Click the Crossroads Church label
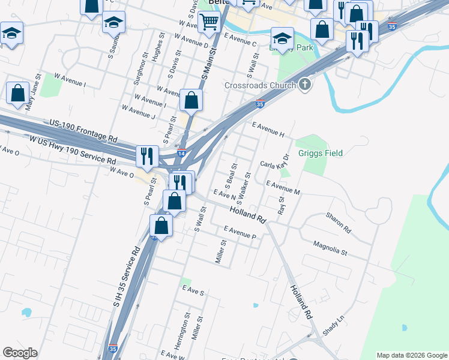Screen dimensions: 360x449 coord(260,85)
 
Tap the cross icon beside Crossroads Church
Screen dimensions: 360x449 coord(304,85)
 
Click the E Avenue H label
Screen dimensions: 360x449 coord(268,130)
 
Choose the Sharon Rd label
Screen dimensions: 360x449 coord(338,221)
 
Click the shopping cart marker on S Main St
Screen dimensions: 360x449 coord(209,23)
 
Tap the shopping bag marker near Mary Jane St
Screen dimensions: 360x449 coord(17,93)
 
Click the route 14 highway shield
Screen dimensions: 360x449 coord(181,153)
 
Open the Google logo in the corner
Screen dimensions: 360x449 coord(20,353)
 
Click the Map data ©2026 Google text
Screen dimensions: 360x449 coord(411,355)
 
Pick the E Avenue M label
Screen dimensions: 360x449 coord(283,187)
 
